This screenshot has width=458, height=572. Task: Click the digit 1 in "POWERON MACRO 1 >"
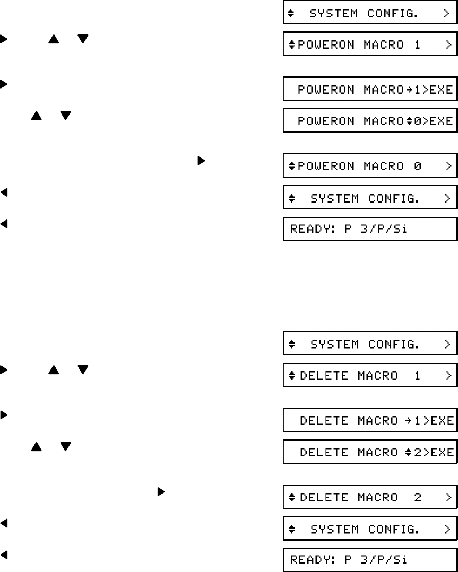pos(417,46)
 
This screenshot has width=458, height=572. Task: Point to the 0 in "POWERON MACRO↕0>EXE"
pos(418,121)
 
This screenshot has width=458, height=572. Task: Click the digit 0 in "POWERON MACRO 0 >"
pos(417,166)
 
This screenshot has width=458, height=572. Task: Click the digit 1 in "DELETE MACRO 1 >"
pos(418,375)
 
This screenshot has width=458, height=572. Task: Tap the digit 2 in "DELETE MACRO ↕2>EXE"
pos(419,452)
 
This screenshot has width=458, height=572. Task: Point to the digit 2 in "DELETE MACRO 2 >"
pos(418,498)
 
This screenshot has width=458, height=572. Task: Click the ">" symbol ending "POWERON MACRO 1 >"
pos(448,46)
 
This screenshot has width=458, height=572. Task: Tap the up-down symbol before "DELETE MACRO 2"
pos(291,498)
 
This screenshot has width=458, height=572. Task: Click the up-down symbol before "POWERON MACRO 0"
pos(291,166)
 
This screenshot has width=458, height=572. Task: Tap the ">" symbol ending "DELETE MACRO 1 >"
pos(448,375)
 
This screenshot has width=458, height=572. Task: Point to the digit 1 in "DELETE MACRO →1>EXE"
pos(419,421)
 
